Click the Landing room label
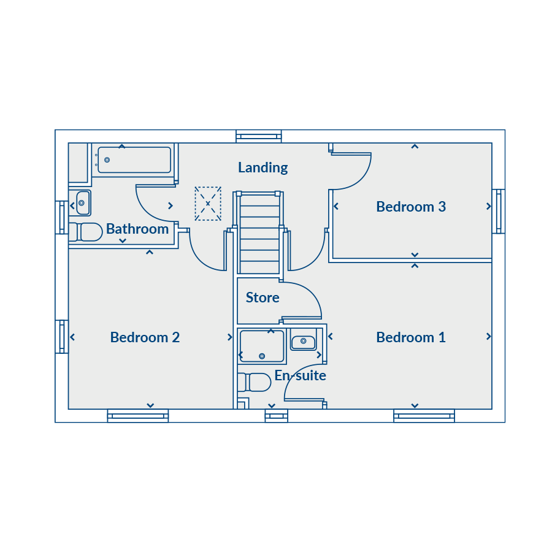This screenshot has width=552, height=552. (x=263, y=167)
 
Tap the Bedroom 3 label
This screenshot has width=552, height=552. (x=411, y=207)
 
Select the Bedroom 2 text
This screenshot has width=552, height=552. (x=145, y=337)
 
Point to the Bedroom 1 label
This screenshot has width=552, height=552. (x=411, y=337)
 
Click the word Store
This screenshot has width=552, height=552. (x=263, y=297)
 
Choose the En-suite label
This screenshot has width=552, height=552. (x=300, y=375)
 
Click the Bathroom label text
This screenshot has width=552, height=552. (x=137, y=229)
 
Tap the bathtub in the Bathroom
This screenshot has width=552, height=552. (x=134, y=160)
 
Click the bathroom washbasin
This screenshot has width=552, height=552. (x=83, y=203)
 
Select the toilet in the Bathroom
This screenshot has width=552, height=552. (x=85, y=232)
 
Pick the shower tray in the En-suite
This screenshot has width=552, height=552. (x=261, y=347)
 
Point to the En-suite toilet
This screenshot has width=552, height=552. (x=254, y=382)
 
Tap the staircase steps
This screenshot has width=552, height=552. (x=260, y=233)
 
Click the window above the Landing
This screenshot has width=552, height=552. (x=259, y=136)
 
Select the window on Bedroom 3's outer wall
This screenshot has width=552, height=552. (x=499, y=211)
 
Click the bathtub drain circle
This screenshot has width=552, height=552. (x=107, y=160)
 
